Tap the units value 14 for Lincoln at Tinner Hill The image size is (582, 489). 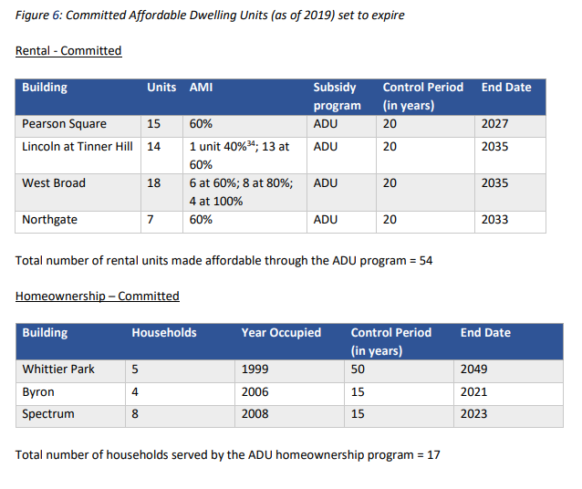point(153,147)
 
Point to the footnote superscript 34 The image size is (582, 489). point(251,143)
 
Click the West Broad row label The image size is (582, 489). point(54,183)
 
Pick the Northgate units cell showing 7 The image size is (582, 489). point(151,220)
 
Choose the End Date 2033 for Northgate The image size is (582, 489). point(494,220)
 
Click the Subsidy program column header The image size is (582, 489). point(337,96)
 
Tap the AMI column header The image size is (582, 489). point(202,88)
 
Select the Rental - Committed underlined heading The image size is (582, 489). point(68,51)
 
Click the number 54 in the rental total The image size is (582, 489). point(426,261)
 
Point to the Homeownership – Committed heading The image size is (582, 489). point(98,297)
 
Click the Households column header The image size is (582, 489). point(164,333)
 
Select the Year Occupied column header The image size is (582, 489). point(281,333)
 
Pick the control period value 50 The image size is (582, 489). point(358,369)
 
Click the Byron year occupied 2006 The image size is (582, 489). point(255,392)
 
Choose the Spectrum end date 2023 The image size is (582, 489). point(473,414)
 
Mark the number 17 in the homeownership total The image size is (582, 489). point(433,455)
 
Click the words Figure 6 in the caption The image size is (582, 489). point(37,16)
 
